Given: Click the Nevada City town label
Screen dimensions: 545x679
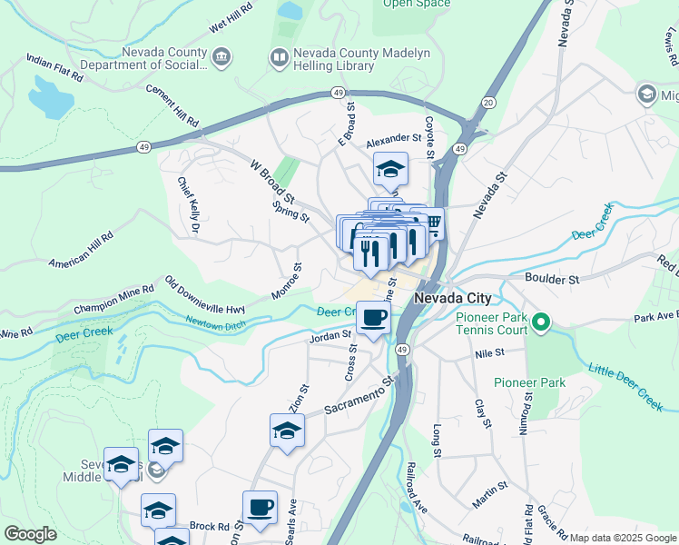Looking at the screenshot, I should pyautogui.click(x=452, y=298).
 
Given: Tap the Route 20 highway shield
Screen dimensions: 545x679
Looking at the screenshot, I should pyautogui.click(x=489, y=102).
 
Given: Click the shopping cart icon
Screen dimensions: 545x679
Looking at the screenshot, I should pyautogui.click(x=433, y=222).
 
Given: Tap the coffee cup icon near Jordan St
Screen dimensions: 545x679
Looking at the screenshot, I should pyautogui.click(x=372, y=318).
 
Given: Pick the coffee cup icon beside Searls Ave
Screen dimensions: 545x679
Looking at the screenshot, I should pyautogui.click(x=260, y=507).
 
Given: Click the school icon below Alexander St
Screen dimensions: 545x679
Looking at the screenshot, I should pyautogui.click(x=391, y=168).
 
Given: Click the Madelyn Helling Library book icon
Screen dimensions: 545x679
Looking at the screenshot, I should pyautogui.click(x=279, y=58).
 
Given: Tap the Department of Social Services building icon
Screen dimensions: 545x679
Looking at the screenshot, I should pyautogui.click(x=221, y=58).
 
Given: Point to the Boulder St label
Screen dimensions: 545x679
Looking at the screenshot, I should pyautogui.click(x=552, y=279).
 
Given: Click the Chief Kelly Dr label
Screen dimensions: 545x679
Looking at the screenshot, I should pyautogui.click(x=189, y=204).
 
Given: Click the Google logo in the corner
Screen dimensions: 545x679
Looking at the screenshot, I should pyautogui.click(x=30, y=534).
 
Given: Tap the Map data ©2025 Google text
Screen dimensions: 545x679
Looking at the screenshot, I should pyautogui.click(x=623, y=538).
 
